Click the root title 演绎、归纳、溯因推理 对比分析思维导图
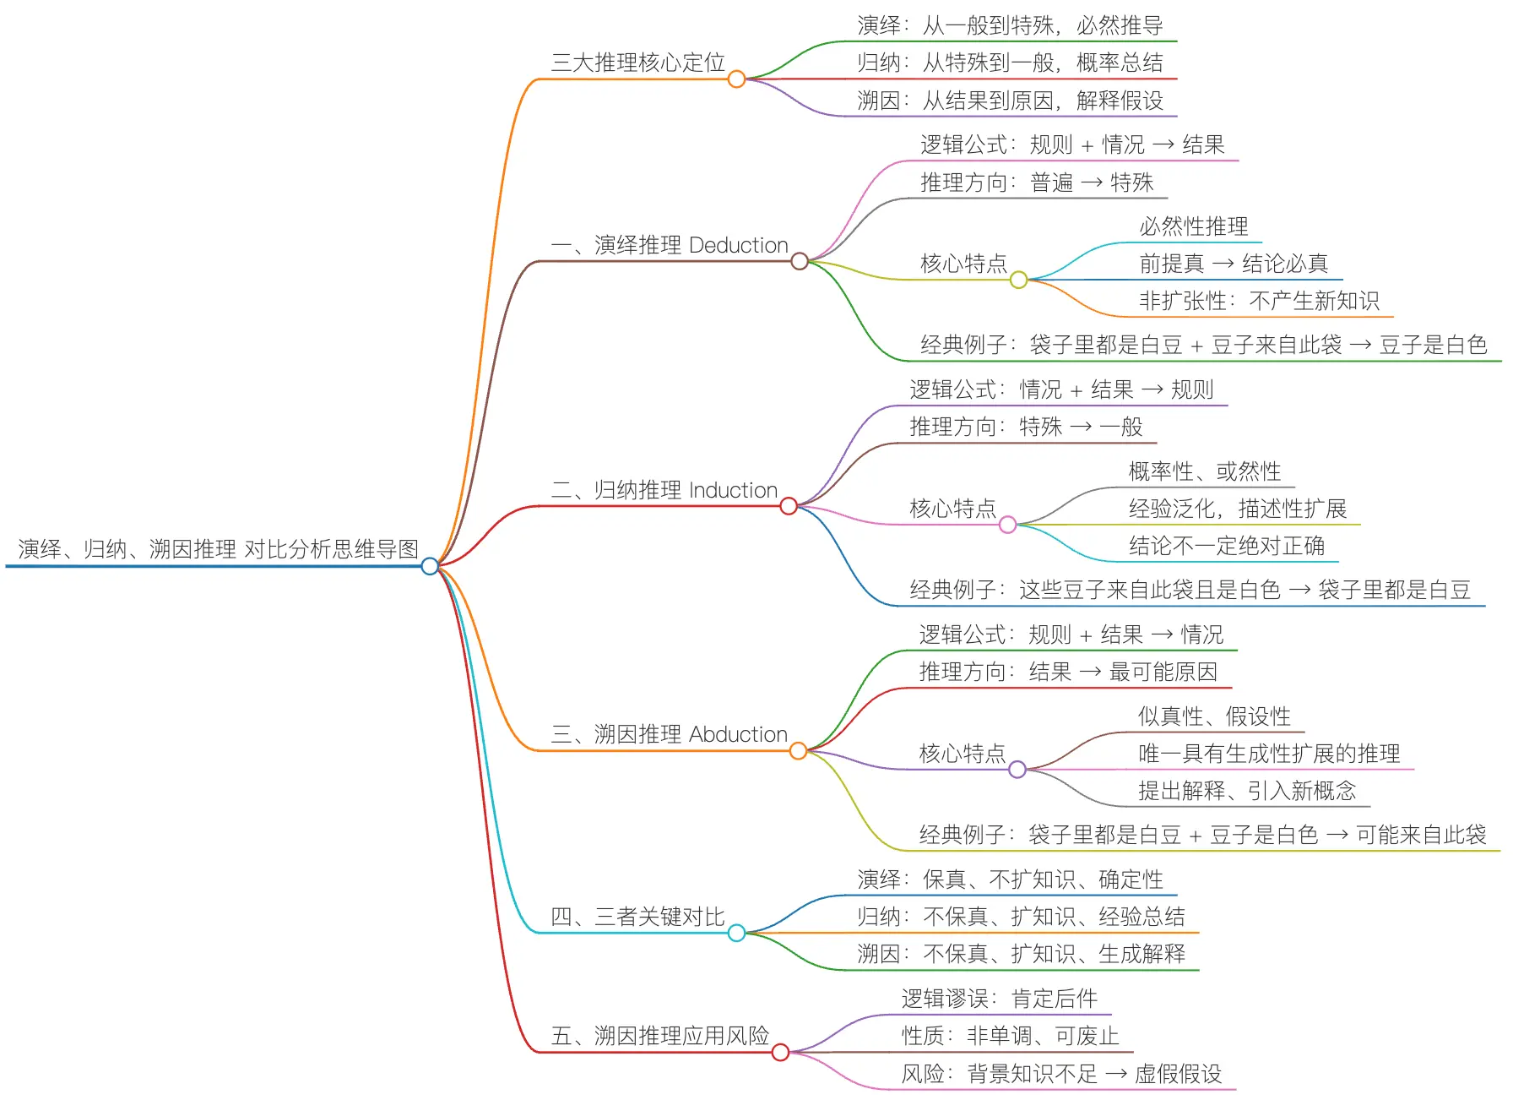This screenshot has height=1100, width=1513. pyautogui.click(x=218, y=549)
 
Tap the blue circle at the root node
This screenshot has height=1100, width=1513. pyautogui.click(x=430, y=566)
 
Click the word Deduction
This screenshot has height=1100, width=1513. pyautogui.click(x=738, y=245)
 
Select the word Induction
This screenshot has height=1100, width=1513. pyautogui.click(x=733, y=490)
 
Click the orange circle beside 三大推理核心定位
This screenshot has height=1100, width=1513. pyautogui.click(x=736, y=79)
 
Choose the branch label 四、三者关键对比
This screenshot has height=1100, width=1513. pyautogui.click(x=637, y=917)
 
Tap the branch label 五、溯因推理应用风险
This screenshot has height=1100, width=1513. pyautogui.click(x=659, y=1036)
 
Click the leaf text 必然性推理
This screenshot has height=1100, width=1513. pyautogui.click(x=1193, y=226)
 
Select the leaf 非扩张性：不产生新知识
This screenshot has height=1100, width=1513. pyautogui.click(x=1259, y=301)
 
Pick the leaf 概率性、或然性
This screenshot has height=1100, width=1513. pyautogui.click(x=1204, y=471)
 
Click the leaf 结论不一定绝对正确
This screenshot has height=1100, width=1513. pyautogui.click(x=1226, y=546)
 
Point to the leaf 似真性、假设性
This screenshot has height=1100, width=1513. pyautogui.click(x=1214, y=716)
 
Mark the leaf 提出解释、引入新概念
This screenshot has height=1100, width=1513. pyautogui.click(x=1246, y=791)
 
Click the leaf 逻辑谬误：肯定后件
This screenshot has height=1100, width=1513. pyautogui.click(x=999, y=999)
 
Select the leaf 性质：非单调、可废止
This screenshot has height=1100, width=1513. pyautogui.click(x=1010, y=1036)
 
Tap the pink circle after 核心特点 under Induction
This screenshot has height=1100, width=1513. pyautogui.click(x=1007, y=525)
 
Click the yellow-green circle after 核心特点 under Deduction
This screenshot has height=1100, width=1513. pyautogui.click(x=1018, y=280)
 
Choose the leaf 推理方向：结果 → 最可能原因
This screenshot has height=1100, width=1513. pyautogui.click(x=1068, y=672)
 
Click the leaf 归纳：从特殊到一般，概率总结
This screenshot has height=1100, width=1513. pyautogui.click(x=1010, y=63)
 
